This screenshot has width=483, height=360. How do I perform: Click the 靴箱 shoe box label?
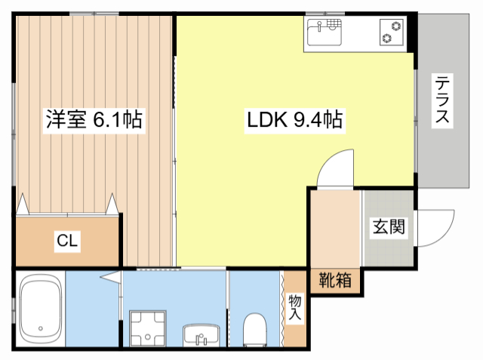tap(334, 280)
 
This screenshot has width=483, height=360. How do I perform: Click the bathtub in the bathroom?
tap(40, 309)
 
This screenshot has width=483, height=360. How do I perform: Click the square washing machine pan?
tap(149, 328)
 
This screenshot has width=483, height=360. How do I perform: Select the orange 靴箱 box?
tap(334, 280)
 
